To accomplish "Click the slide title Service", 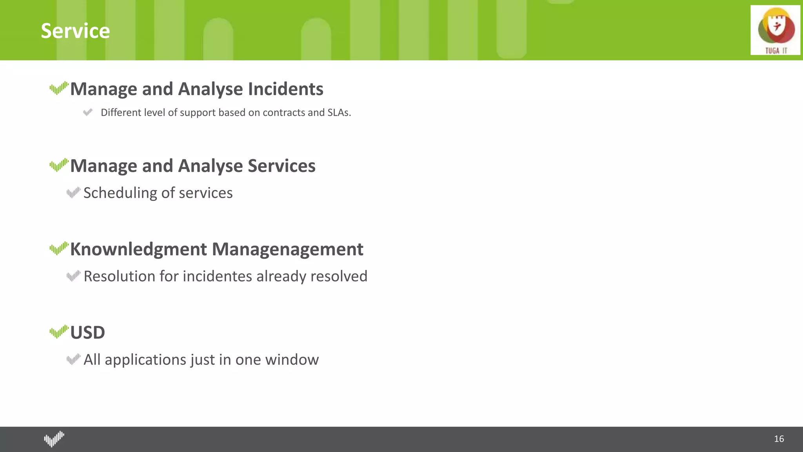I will point(75,31).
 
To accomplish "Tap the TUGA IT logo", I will point(775,30).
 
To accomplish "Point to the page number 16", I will point(779,439).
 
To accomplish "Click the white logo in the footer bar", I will point(54,439).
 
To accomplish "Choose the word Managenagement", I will point(287,249).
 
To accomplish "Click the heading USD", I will point(87,333).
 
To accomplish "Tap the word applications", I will point(145,360).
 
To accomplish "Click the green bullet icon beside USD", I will point(59,332).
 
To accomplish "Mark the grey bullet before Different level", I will point(88,113).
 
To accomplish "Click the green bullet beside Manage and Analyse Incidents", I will point(59,88).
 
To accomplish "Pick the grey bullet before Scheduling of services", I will point(73,193).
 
